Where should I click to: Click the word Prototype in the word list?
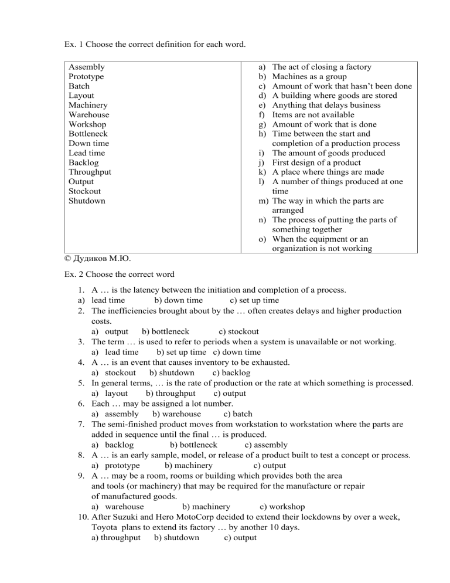(86, 77)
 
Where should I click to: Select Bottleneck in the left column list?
(88, 134)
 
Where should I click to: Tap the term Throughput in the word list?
(90, 172)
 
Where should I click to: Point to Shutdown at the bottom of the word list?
(87, 201)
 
